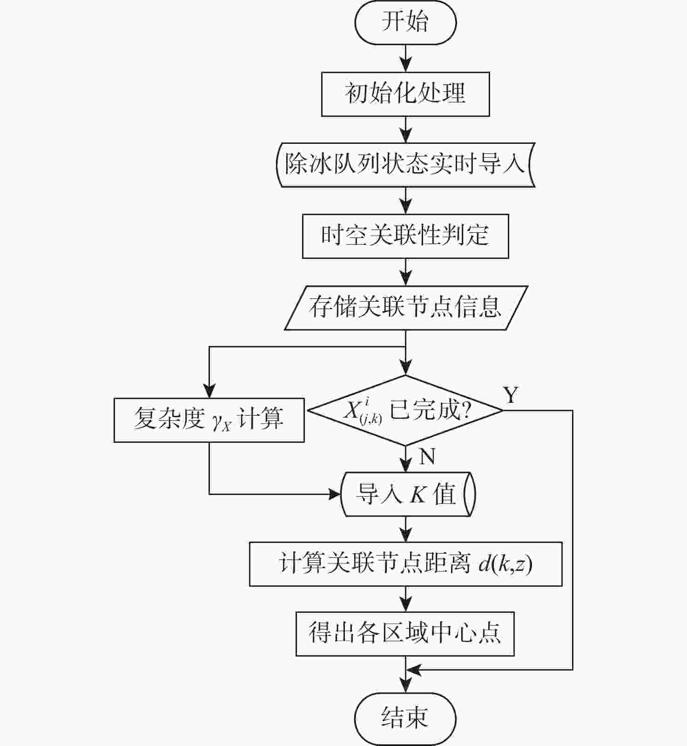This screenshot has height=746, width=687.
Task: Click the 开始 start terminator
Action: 405,22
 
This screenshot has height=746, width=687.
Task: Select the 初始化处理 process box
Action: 405,94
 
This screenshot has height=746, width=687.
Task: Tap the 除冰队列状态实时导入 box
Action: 405,165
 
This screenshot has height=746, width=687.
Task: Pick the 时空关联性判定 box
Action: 405,236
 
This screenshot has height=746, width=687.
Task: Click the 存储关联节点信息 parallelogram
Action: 406,308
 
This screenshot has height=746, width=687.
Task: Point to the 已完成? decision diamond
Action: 406,410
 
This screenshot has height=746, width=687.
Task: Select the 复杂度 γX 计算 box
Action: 209,420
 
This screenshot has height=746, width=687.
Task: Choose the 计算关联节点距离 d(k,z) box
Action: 406,564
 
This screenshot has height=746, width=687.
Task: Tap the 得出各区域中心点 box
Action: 405,634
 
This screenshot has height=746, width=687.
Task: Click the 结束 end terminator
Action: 405,719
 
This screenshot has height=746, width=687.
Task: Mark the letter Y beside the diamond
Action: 511,395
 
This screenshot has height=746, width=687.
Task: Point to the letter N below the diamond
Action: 427,456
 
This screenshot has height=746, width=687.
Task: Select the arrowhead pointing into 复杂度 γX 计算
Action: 209,391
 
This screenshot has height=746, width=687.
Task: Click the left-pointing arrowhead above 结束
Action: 414,670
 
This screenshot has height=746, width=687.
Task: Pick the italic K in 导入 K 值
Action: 418,495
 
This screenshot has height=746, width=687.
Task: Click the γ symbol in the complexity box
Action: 217,421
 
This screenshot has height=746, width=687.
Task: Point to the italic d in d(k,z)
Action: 485,564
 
